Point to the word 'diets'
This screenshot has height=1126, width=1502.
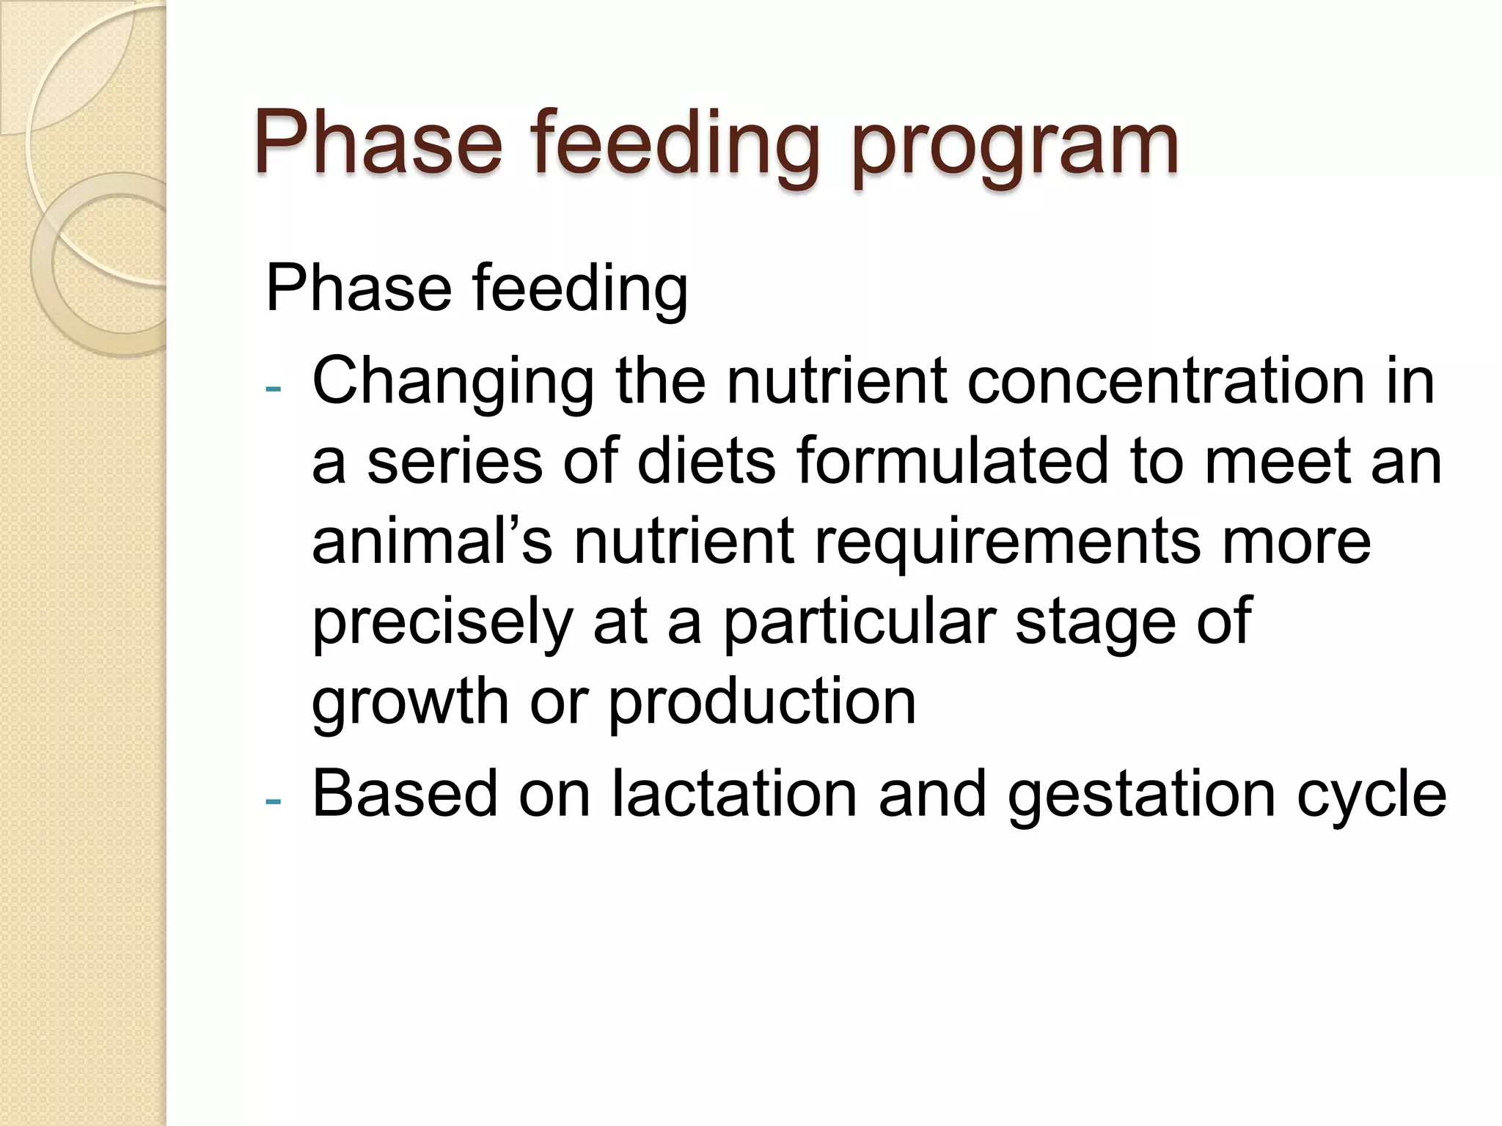(x=706, y=462)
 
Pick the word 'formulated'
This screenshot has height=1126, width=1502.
(x=952, y=462)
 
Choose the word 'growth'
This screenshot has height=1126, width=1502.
(x=410, y=702)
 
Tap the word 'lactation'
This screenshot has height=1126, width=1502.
(x=734, y=795)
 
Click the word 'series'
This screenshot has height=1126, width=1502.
(x=454, y=462)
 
